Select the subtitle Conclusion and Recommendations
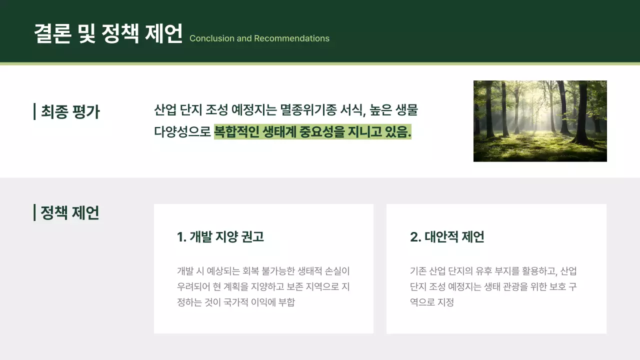click(259, 38)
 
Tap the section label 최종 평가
click(70, 111)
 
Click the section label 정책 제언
click(69, 212)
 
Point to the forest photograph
click(540, 121)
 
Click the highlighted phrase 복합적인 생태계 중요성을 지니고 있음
click(312, 132)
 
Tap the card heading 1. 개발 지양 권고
click(220, 237)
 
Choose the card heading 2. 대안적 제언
click(447, 237)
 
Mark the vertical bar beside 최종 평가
click(34, 111)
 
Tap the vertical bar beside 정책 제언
click(34, 212)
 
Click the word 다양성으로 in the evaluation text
click(182, 132)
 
